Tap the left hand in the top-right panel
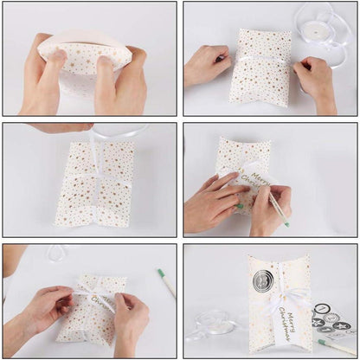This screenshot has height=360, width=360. coord(206,65)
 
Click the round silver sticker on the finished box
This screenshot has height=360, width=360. coord(262,280)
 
